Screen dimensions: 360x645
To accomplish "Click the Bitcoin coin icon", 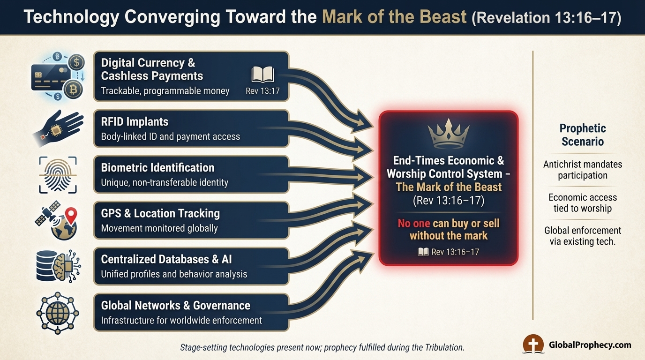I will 74,89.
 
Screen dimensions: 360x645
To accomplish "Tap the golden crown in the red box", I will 448,133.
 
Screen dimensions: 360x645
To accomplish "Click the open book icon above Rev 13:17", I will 262,75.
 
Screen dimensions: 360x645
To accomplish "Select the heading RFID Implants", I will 135,122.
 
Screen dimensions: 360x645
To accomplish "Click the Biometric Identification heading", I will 157,168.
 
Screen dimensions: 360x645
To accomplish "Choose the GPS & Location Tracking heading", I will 160,214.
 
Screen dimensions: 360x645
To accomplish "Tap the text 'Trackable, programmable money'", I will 165,91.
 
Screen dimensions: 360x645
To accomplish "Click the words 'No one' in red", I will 414,223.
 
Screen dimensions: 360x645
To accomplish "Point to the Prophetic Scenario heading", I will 583,135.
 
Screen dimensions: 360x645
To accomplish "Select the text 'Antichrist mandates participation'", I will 583,170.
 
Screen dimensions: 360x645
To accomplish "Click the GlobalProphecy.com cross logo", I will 533,345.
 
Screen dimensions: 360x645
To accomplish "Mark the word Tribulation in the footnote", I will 440,348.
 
